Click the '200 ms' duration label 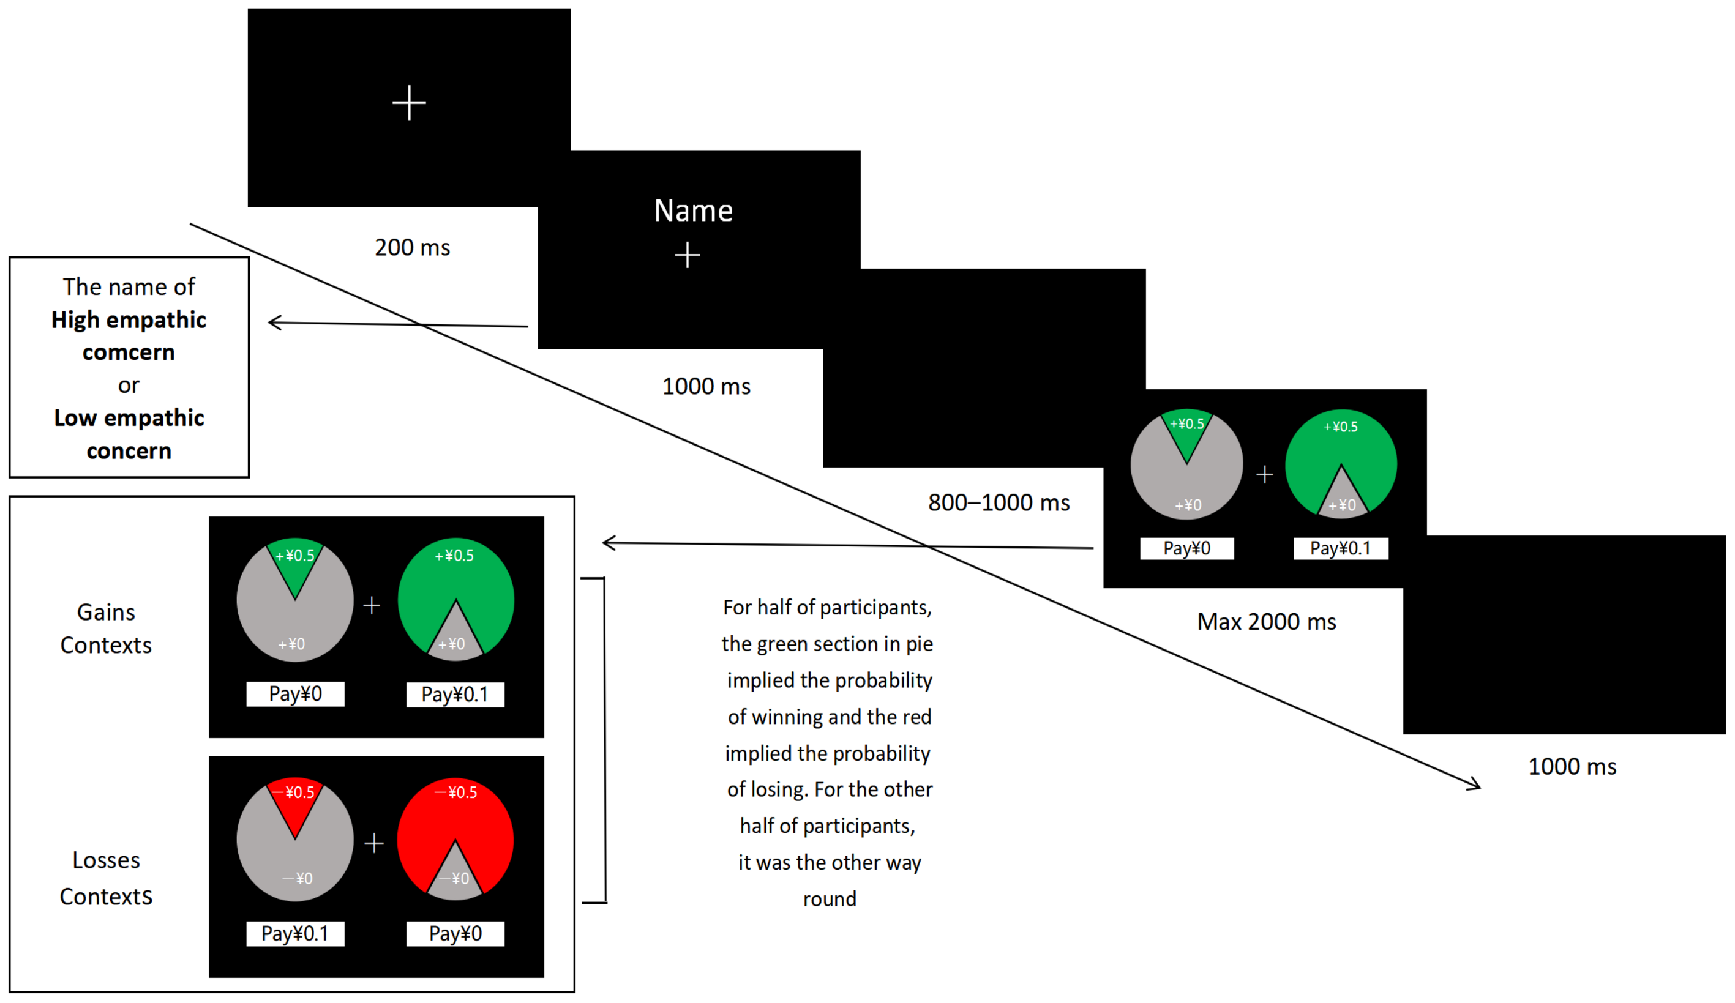[412, 248]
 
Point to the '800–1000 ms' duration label [999, 502]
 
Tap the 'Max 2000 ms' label [1266, 622]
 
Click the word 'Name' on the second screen [693, 211]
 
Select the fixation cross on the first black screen [409, 103]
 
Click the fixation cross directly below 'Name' [687, 255]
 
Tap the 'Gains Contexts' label [106, 628]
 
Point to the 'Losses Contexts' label [106, 878]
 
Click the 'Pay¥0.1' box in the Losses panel [294, 933]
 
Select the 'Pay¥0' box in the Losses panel [455, 933]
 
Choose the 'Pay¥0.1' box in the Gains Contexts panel [455, 695]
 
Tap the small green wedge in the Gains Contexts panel [295, 564]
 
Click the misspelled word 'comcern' [129, 352]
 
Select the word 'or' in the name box [129, 385]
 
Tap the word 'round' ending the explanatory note [830, 899]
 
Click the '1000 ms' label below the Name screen [706, 386]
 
